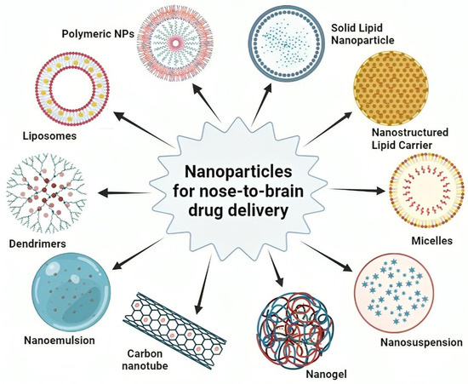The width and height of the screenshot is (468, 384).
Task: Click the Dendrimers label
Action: tap(43, 241)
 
